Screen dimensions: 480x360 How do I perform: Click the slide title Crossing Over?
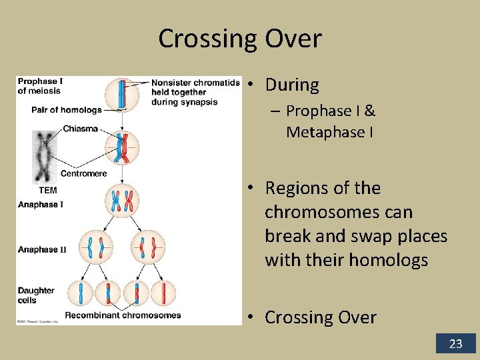239,39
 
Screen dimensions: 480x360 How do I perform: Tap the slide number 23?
455,344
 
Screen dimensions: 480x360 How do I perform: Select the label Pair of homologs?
67,110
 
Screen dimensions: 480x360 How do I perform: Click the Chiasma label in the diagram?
80,129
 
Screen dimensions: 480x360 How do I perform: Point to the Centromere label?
83,173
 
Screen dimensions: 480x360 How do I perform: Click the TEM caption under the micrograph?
47,190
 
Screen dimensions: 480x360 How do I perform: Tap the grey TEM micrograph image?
45,157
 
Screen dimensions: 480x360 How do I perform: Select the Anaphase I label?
40,205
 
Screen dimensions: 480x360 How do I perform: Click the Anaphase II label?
42,249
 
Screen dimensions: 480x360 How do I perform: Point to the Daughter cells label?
36,295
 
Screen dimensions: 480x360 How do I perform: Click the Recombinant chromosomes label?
123,315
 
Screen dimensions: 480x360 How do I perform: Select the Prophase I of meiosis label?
40,86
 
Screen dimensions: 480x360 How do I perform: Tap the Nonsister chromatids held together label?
195,92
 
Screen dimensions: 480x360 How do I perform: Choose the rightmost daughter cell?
163,293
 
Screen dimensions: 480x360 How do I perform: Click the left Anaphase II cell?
95,247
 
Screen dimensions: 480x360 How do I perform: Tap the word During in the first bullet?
292,85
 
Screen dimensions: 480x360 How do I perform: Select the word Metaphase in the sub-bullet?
325,133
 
